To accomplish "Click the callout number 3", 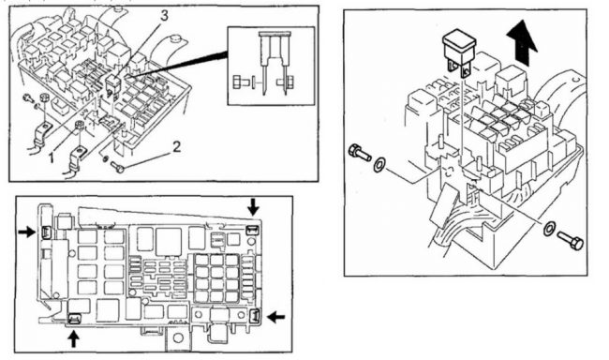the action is (x=164, y=16).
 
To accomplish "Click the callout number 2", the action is (x=177, y=147).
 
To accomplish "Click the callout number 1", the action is (x=51, y=158).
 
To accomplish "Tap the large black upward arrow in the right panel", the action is (x=522, y=43).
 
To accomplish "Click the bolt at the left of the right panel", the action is (x=360, y=153).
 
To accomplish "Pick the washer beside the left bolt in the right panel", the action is (x=379, y=164).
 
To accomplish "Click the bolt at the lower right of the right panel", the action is (x=571, y=240).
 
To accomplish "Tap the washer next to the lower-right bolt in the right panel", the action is (x=549, y=229).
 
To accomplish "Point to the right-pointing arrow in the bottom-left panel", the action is (x=27, y=232).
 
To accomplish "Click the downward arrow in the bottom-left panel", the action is (x=253, y=206).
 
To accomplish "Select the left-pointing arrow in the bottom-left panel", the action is (x=276, y=317).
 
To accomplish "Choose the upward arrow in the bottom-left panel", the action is (x=73, y=338).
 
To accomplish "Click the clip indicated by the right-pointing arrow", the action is (x=45, y=232).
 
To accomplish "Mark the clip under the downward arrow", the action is (x=253, y=230).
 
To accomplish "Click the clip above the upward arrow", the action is (x=74, y=319).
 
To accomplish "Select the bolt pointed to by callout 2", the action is (x=117, y=167).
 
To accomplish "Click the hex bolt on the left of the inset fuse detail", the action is (x=239, y=82).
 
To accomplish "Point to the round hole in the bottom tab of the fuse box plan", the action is (x=178, y=337).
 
